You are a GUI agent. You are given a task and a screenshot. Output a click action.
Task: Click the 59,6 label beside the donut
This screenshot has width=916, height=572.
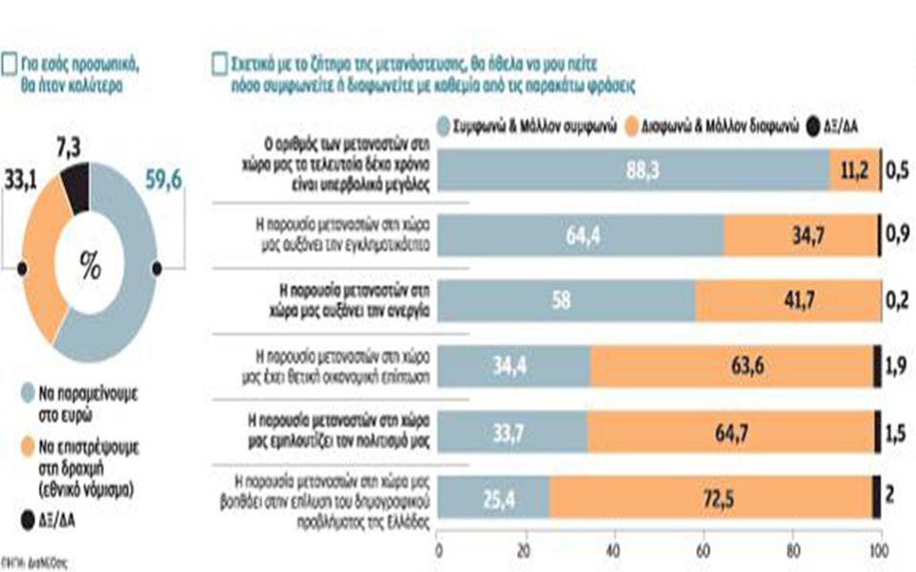(x=163, y=179)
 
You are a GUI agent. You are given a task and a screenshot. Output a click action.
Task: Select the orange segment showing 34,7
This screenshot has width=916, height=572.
(x=799, y=233)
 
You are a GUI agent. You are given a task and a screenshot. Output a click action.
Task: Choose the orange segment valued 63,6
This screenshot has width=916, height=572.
(x=731, y=365)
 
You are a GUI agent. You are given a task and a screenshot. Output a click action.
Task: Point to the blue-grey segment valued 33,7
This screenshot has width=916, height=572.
(x=513, y=431)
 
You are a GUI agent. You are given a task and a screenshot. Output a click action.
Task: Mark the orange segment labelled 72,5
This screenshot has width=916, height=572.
(x=710, y=497)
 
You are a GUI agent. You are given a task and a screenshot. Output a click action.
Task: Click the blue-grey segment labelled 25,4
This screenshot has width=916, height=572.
(x=493, y=497)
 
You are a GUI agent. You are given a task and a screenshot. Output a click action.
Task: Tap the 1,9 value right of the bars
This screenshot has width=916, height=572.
(x=898, y=365)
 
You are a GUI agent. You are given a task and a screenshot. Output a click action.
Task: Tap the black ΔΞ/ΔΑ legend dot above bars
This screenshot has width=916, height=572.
(x=814, y=126)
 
